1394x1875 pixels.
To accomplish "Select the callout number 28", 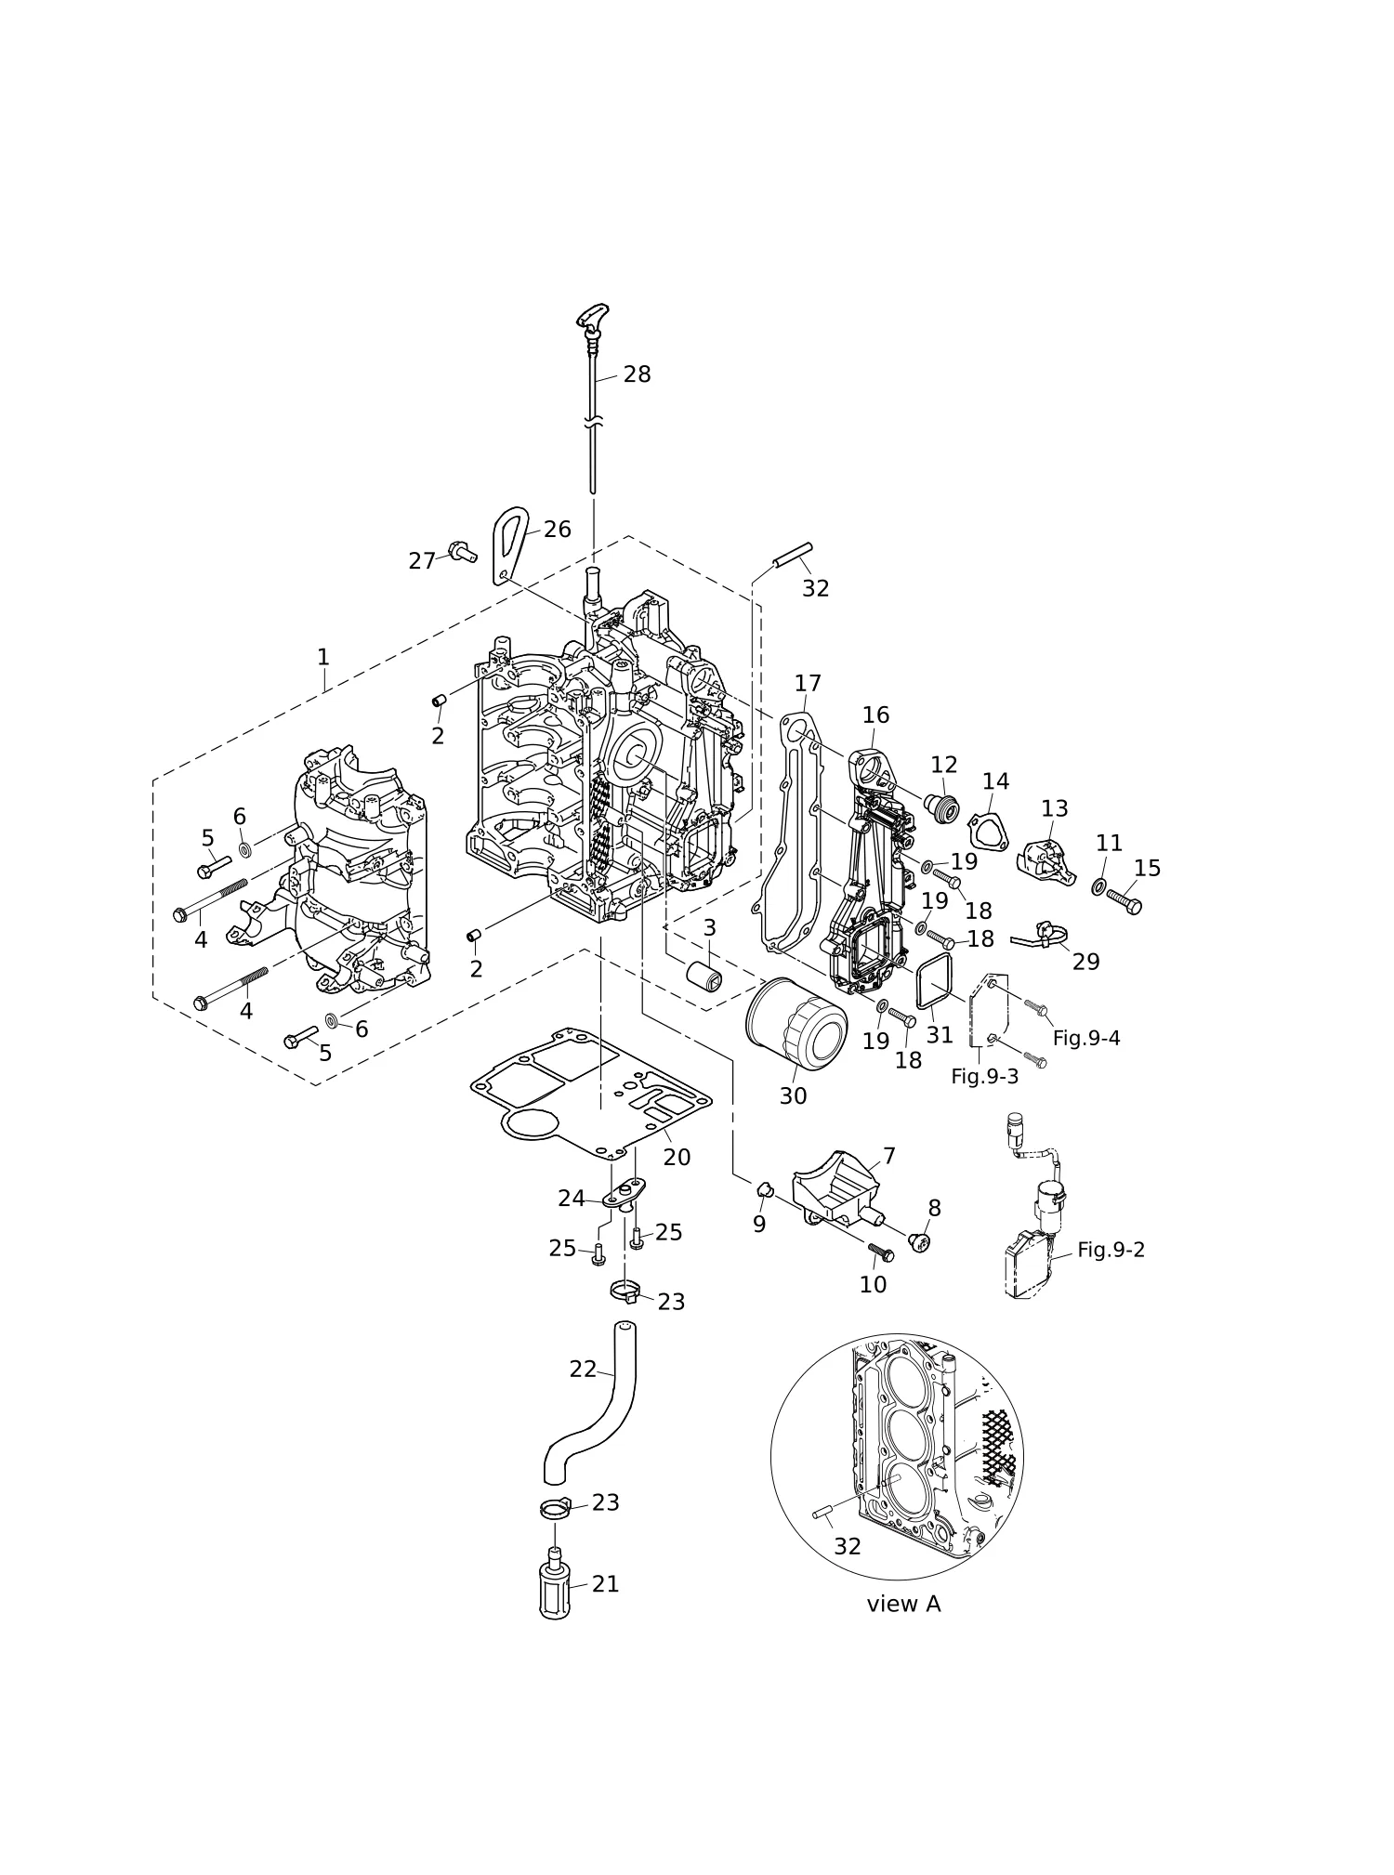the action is (x=638, y=374).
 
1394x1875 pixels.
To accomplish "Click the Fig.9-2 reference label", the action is (x=1111, y=1250).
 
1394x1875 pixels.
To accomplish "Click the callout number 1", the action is (x=323, y=657).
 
